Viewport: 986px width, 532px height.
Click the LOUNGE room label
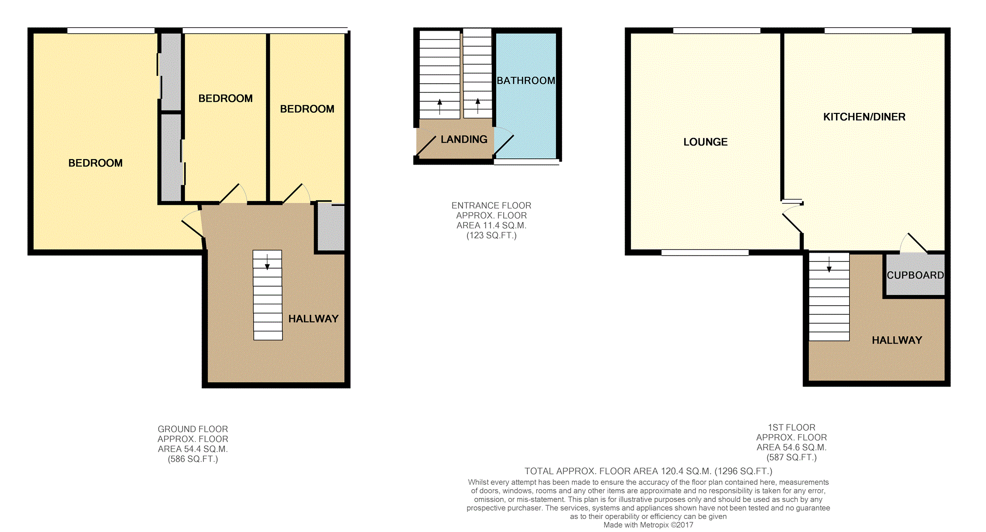coord(705,142)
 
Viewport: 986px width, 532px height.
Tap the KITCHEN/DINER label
coord(864,117)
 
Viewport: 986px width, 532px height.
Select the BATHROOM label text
coord(525,81)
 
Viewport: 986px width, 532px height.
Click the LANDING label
coord(464,140)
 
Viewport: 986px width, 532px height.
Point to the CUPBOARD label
coord(915,275)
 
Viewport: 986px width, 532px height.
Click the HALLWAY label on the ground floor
coord(313,319)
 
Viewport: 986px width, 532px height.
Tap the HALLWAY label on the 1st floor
coord(896,340)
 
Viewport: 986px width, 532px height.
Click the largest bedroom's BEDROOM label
coord(95,163)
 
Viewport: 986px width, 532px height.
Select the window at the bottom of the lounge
coord(705,253)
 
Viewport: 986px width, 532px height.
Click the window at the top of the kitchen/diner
coord(868,31)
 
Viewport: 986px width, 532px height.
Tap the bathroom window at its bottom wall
coord(526,162)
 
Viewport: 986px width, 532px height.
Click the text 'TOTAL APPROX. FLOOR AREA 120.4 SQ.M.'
coord(618,471)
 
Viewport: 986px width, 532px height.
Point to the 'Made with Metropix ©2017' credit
coord(648,525)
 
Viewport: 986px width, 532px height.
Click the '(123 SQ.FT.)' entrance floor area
coord(491,236)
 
